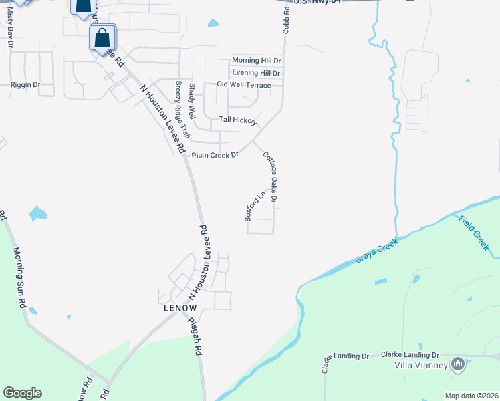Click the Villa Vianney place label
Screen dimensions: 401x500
click(420, 365)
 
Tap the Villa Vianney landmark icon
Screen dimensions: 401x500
click(458, 364)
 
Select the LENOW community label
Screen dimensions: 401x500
click(180, 308)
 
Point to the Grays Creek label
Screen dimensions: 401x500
click(376, 250)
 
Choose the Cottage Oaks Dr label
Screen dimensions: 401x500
click(270, 176)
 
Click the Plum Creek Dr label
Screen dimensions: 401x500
click(215, 155)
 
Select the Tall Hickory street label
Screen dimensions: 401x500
click(238, 120)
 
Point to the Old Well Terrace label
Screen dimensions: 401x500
click(244, 85)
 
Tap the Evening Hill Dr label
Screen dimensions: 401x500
click(256, 73)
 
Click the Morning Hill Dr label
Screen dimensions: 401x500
click(256, 61)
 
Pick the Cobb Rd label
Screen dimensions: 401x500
click(285, 22)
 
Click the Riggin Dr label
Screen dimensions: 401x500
click(25, 85)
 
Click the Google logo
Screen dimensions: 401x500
click(22, 393)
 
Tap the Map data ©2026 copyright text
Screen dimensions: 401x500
click(471, 396)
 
